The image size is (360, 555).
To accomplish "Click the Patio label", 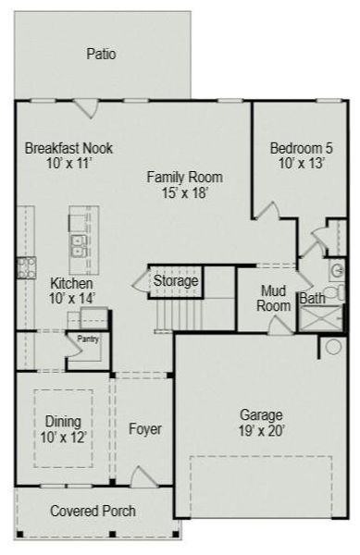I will coord(102,55).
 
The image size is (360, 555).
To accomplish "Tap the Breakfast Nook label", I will coord(62,148).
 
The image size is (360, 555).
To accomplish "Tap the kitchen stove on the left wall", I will coord(24,268).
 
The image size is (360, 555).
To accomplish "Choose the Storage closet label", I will coord(175,280).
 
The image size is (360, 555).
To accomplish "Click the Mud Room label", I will coord(274,298).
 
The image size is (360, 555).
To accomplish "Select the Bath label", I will coord(311,299).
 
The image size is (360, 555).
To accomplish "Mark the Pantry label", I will coord(88,339).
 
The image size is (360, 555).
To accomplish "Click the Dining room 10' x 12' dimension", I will coord(63,438).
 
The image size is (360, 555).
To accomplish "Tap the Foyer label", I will coord(144,429).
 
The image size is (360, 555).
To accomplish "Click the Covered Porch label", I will coord(93,511).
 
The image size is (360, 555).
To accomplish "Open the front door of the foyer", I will coord(144,478).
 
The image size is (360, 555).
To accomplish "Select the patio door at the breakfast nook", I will coord(86,107).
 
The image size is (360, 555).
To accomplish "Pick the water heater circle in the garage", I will coord(332,347).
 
